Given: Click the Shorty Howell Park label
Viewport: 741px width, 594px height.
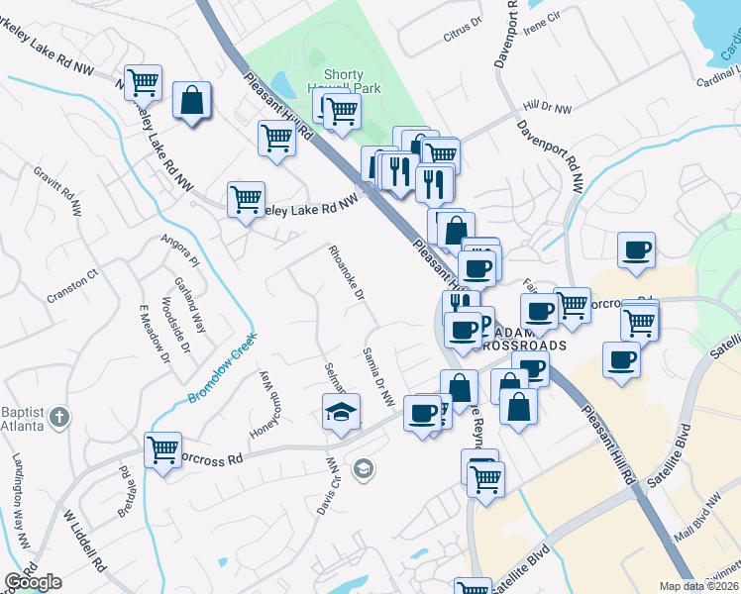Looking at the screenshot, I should [x=343, y=81].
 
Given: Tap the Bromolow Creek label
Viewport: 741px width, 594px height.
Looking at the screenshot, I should [x=223, y=366].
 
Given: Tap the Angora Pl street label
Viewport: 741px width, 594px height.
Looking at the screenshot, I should [x=181, y=250].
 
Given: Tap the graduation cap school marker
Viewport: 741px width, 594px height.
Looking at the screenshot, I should [x=341, y=410].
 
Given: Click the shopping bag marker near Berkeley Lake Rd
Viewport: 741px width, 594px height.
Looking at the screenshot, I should [x=191, y=100].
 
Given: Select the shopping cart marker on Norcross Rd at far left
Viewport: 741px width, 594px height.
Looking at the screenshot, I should [x=162, y=448].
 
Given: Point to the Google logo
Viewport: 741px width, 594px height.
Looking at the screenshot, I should [x=33, y=582].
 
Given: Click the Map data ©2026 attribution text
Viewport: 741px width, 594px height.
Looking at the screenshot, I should [x=699, y=586].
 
